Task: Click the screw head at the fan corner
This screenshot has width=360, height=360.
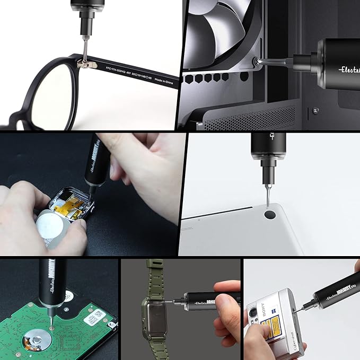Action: pyautogui.click(x=258, y=62)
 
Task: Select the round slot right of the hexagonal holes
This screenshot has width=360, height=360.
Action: pyautogui.click(x=245, y=77)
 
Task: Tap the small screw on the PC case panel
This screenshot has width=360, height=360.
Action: pyautogui.click(x=316, y=110)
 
